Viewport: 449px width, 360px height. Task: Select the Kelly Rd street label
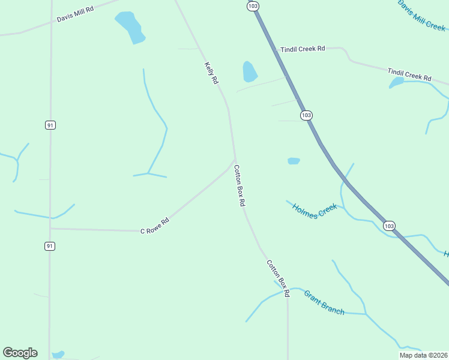pyautogui.click(x=211, y=73)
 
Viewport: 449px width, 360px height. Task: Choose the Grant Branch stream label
pyautogui.click(x=324, y=302)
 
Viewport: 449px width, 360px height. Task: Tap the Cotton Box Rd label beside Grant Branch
pyautogui.click(x=279, y=278)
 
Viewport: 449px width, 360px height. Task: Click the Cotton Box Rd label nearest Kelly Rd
pyautogui.click(x=240, y=186)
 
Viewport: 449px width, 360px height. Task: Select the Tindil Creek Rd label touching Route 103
pyautogui.click(x=303, y=49)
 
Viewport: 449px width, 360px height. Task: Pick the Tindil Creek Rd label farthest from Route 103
pyautogui.click(x=409, y=74)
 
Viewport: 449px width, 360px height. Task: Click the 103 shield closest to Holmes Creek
pyautogui.click(x=389, y=226)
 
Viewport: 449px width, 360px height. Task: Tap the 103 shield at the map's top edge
pyautogui.click(x=253, y=5)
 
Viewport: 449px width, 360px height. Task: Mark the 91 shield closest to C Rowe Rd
pyautogui.click(x=50, y=246)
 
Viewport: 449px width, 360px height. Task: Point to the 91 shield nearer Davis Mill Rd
pyautogui.click(x=50, y=125)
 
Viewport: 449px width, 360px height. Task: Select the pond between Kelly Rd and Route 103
pyautogui.click(x=249, y=71)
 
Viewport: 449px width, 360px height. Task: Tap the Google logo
pyautogui.click(x=20, y=352)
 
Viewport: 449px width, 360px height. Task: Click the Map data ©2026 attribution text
pyautogui.click(x=423, y=355)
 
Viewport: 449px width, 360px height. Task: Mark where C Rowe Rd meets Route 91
pyautogui.click(x=50, y=228)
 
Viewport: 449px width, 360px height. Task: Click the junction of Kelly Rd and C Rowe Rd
pyautogui.click(x=235, y=160)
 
